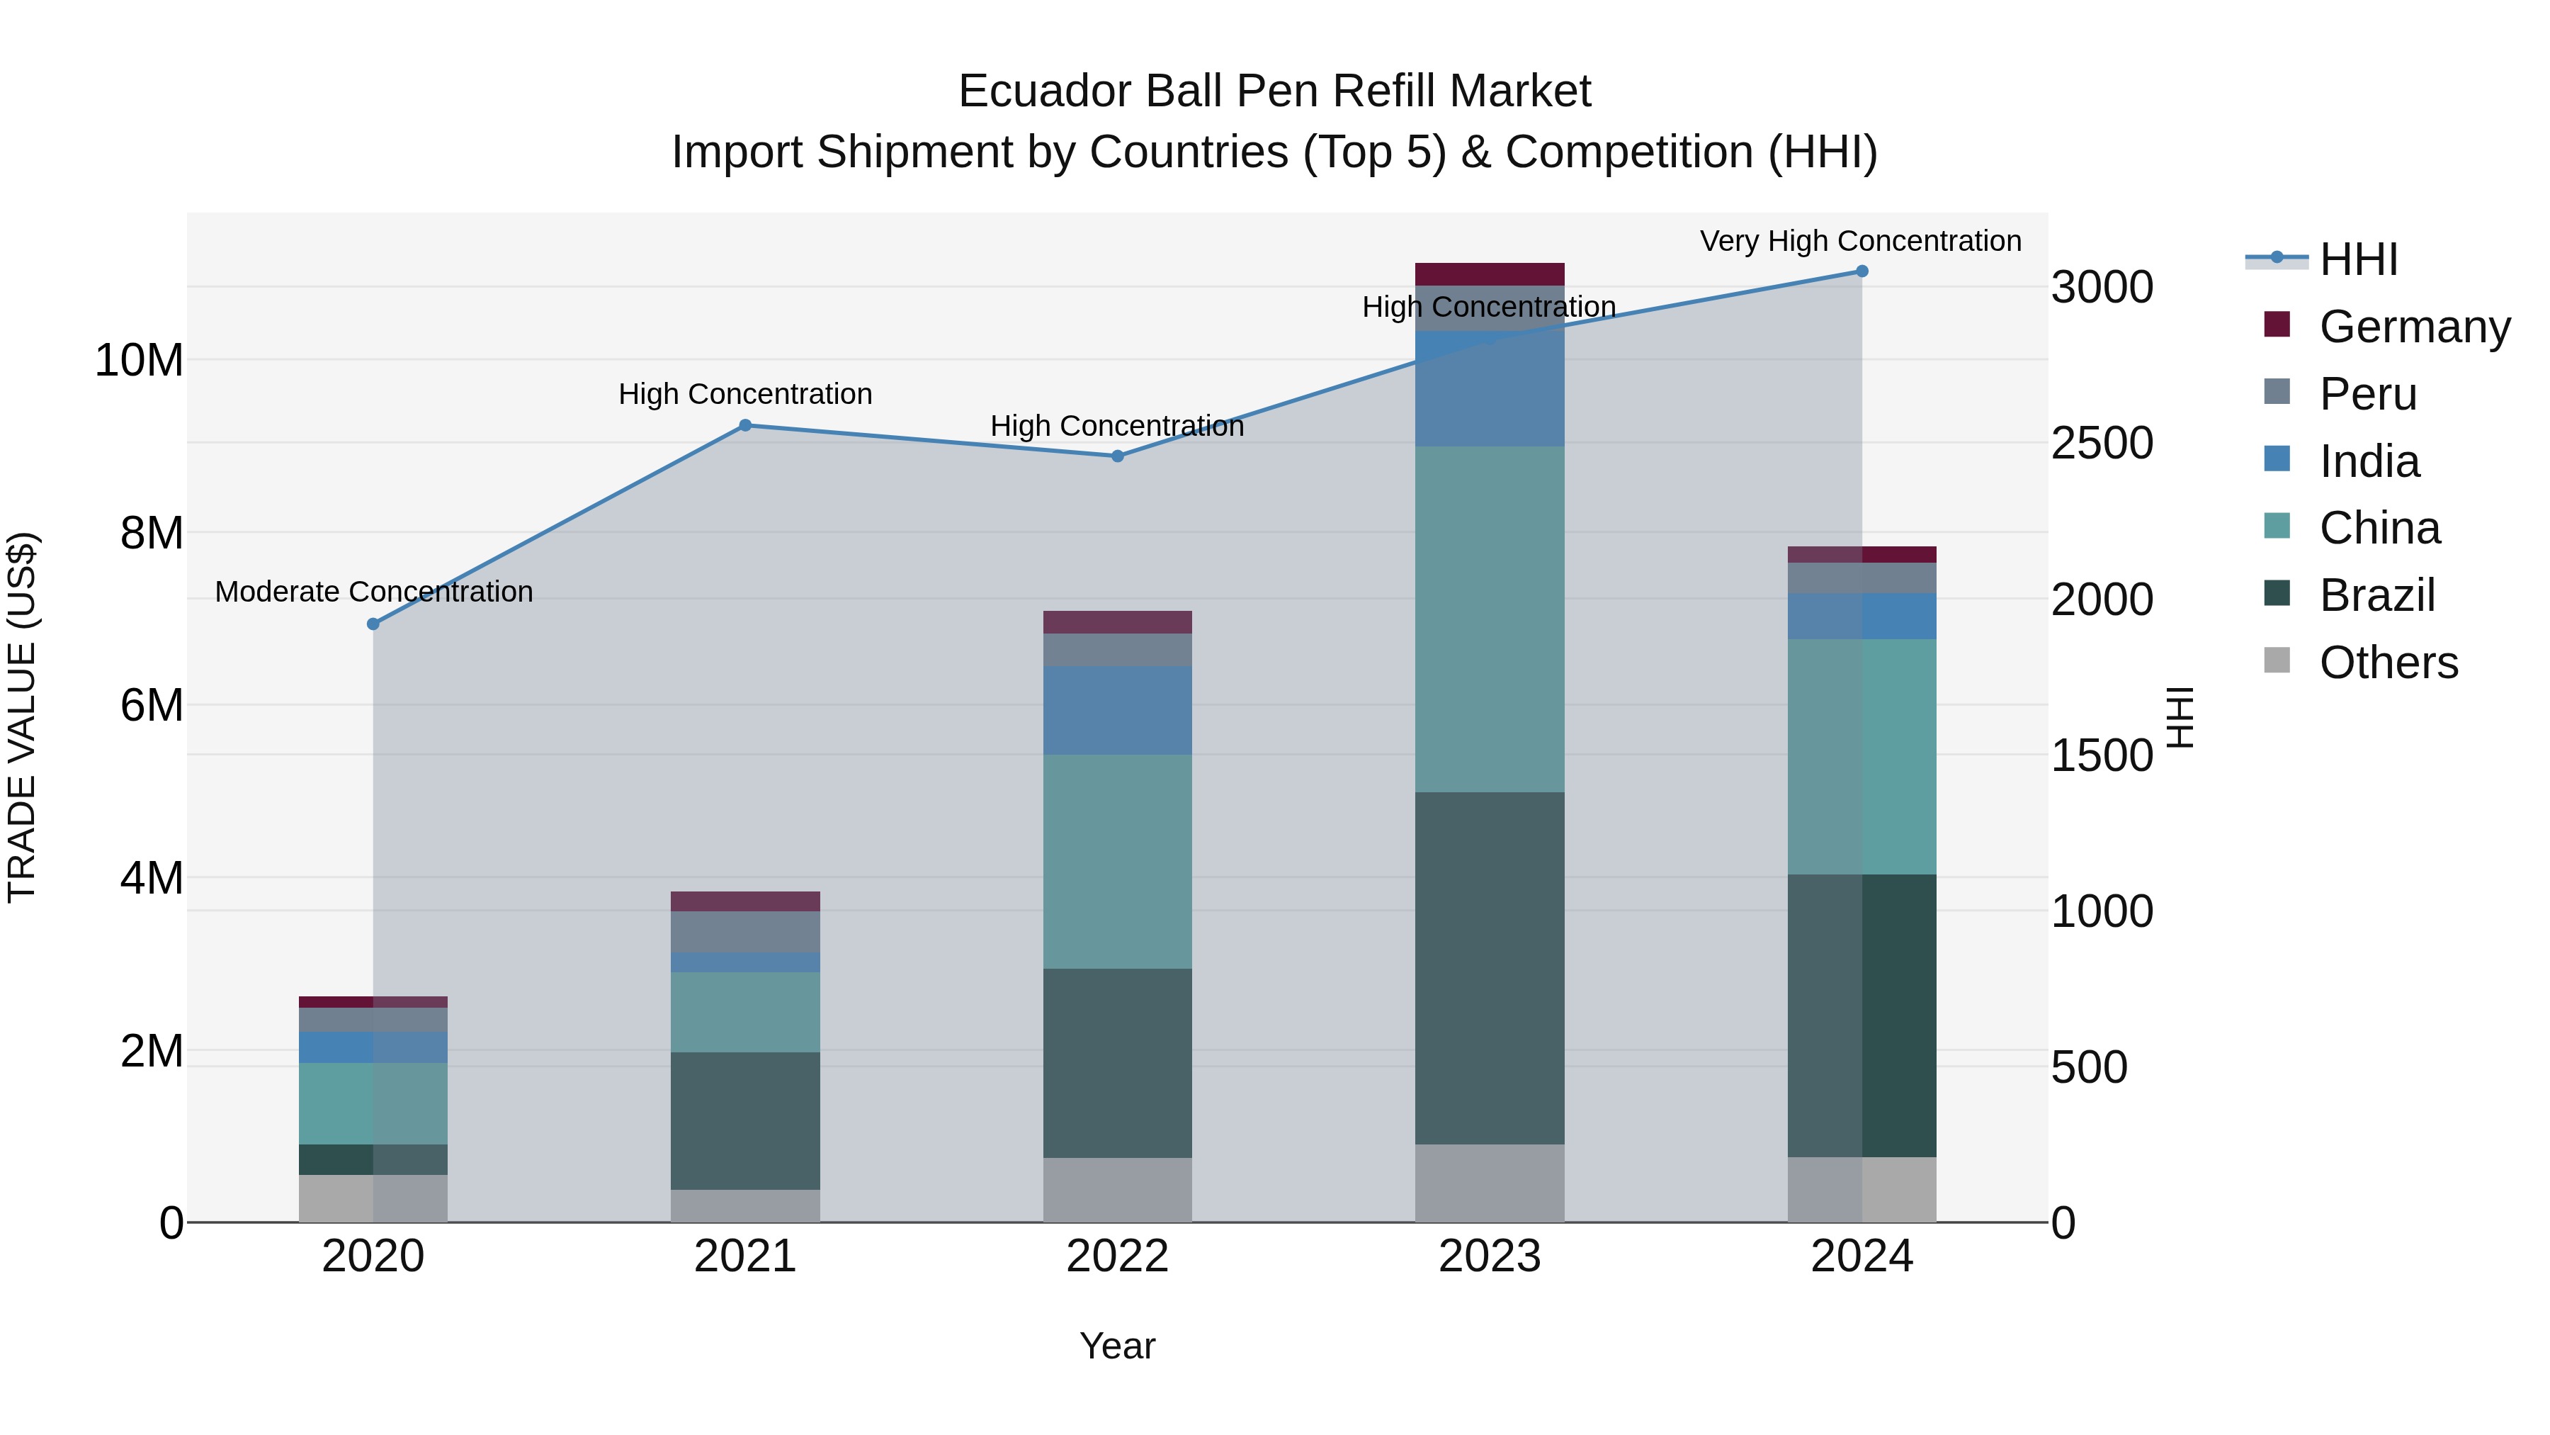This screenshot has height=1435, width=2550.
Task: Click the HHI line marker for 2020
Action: click(373, 624)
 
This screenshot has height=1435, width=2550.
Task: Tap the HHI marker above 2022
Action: click(1118, 456)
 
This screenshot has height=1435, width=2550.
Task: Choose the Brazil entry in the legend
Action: click(2376, 595)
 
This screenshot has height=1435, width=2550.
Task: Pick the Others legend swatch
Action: click(2277, 660)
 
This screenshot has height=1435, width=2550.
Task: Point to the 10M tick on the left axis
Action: click(139, 361)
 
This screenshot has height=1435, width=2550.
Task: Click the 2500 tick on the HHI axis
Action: click(2101, 443)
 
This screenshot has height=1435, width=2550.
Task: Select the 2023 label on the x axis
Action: click(1489, 1256)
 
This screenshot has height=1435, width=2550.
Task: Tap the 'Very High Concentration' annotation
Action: click(1860, 241)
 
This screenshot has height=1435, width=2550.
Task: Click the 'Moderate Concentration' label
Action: click(373, 591)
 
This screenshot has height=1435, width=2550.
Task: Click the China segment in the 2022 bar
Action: click(1118, 862)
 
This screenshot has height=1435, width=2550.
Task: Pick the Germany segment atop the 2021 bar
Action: click(745, 901)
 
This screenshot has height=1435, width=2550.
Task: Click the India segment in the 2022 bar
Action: click(1118, 710)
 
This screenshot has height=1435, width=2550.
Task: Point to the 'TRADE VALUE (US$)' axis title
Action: click(22, 717)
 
